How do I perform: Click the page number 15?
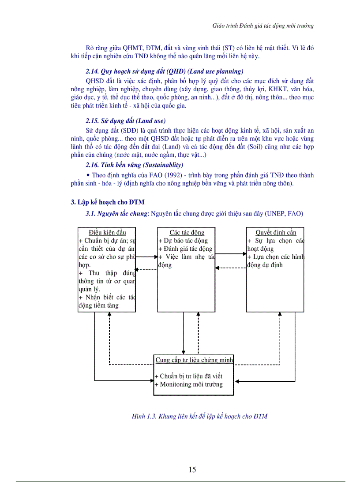pos(192,469)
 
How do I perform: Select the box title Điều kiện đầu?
pos(107,232)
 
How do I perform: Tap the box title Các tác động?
pos(187,232)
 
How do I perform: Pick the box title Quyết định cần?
pos(276,232)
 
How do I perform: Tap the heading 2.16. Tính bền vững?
pos(134,165)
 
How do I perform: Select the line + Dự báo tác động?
pos(183,241)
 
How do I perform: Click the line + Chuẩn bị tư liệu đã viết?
pos(189,376)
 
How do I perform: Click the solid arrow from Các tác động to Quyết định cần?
pos(231,253)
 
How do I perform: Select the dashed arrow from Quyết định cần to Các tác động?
pos(231,268)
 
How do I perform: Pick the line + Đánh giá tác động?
pos(185,249)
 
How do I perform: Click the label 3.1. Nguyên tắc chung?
pos(116,214)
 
